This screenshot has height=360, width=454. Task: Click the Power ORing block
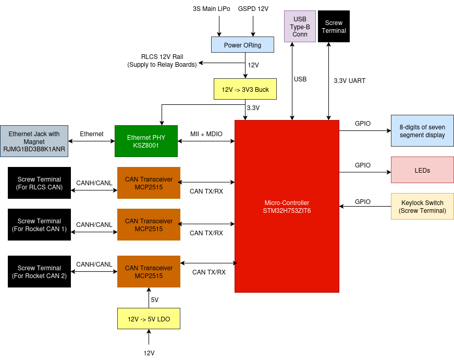pos(242,45)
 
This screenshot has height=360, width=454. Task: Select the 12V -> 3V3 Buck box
pos(245,89)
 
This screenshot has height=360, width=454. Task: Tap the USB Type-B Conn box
pos(300,27)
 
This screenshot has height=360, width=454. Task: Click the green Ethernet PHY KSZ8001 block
pos(146,141)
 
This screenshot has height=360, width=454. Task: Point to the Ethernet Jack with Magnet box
pos(34,141)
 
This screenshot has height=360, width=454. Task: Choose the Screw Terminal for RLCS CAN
pos(39,183)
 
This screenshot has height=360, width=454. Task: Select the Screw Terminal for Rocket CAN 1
pos(39,225)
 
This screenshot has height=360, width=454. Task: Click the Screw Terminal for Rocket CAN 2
pos(39,272)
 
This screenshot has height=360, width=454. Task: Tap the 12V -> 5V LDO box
pos(149,319)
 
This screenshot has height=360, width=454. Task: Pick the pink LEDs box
pos(422,170)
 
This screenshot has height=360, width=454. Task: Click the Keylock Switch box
pos(422,207)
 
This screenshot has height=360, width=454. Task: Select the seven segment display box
pos(422,131)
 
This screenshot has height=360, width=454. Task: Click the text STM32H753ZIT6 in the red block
pos(287,211)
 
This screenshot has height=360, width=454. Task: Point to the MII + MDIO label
pos(206,134)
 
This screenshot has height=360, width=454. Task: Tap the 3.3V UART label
pos(349,81)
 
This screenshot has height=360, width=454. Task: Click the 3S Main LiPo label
pos(212,9)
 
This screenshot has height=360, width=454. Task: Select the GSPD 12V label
pos(253,9)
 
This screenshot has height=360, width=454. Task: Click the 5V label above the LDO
pos(155,300)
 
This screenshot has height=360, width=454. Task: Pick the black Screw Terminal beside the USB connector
pos(334,27)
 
